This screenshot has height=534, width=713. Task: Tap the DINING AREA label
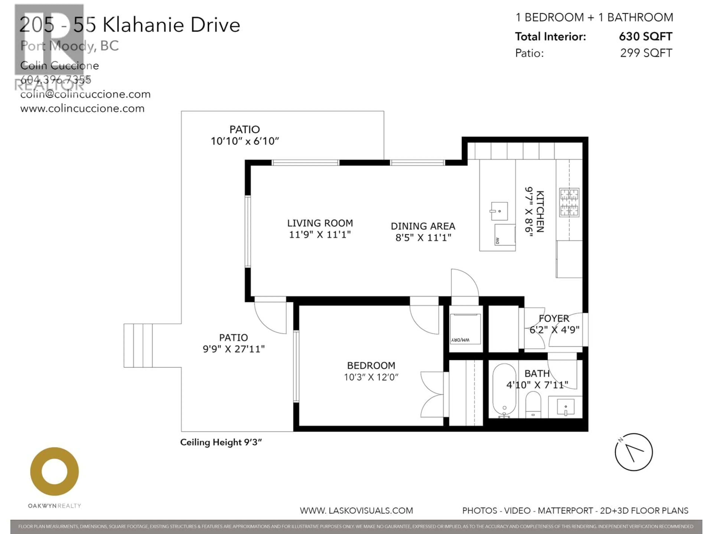pos(423,226)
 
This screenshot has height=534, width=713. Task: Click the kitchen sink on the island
pos(499,211)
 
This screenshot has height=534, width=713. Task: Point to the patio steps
pos(138,345)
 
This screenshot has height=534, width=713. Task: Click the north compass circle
pos(633,452)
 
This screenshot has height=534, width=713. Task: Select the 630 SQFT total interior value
pos(645,36)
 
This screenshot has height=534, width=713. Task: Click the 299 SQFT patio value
pos(646,53)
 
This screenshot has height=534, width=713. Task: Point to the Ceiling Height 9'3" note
pos(221,442)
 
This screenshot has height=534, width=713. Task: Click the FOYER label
pos(554,318)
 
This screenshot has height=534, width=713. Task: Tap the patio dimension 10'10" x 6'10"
pos(245,141)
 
